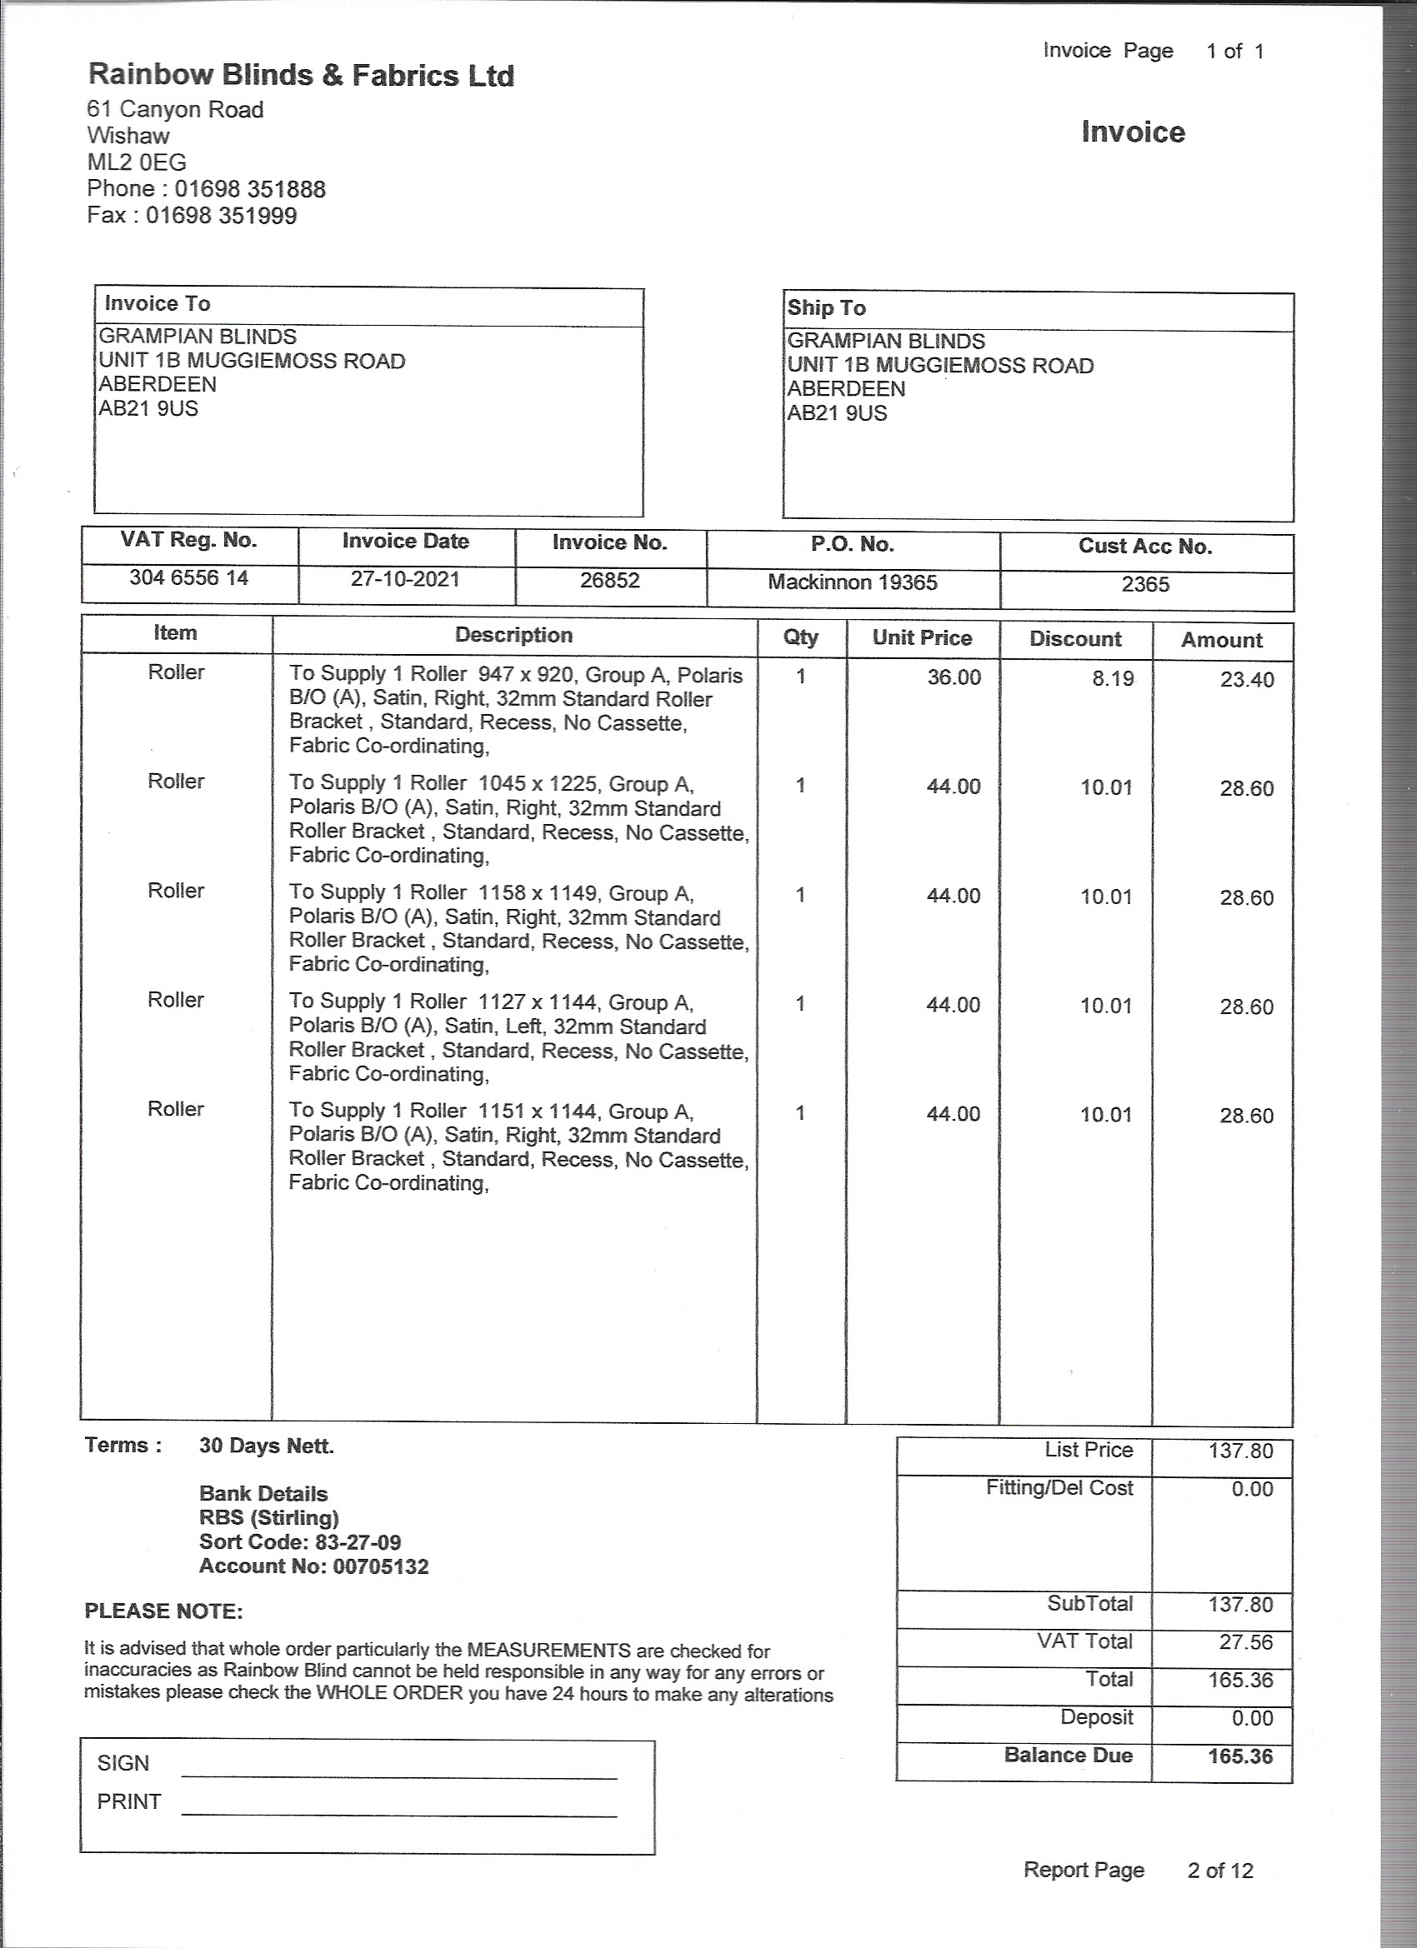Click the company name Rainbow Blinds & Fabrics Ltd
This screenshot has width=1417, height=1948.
[x=301, y=76]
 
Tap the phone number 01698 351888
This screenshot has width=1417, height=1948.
[x=250, y=189]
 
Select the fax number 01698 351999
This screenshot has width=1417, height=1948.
[x=221, y=216]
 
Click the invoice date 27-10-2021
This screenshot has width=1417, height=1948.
[x=405, y=579]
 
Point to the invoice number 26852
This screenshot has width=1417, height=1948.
[x=609, y=581]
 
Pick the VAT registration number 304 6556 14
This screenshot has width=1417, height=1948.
[x=189, y=578]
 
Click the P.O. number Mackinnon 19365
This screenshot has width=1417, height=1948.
[x=852, y=582]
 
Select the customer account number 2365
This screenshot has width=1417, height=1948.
[x=1144, y=585]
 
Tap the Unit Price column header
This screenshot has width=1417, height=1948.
[x=921, y=637]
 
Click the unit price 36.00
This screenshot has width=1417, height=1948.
[x=953, y=677]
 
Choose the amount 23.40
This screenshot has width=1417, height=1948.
[x=1246, y=680]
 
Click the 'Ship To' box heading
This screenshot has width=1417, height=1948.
[x=826, y=308]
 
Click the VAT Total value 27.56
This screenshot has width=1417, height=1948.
[x=1245, y=1642]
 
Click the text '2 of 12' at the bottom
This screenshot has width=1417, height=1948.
[x=1219, y=1871]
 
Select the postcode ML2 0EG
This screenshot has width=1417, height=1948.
[x=137, y=162]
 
